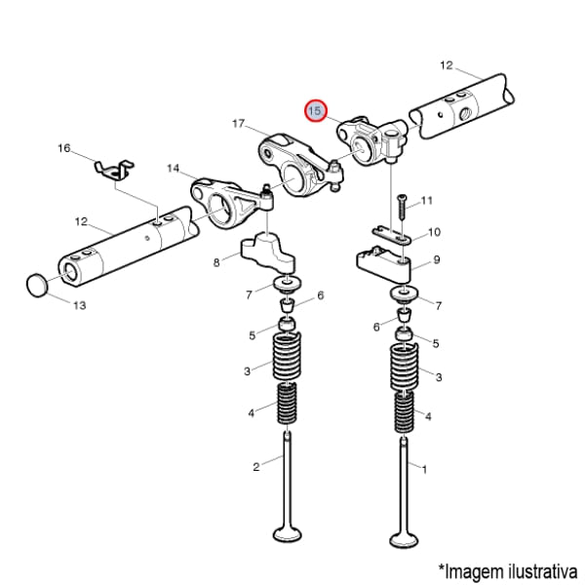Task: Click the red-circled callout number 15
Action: pos(316,111)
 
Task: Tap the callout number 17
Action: pos(238,123)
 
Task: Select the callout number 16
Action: pos(63,148)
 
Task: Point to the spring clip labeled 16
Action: pos(114,170)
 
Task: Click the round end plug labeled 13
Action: pos(38,286)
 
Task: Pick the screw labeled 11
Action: pos(402,207)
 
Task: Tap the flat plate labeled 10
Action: pos(392,235)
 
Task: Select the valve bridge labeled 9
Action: pos(384,263)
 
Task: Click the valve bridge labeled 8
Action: pos(268,253)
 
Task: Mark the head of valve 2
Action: pos(287,533)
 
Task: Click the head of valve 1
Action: pos(404,539)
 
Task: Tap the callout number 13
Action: pos(80,305)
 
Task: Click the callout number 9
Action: pos(437,259)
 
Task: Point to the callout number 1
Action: pos(424,469)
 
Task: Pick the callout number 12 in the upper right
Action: pos(447,65)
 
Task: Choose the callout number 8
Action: pos(216,262)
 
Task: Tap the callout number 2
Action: pos(255,467)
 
